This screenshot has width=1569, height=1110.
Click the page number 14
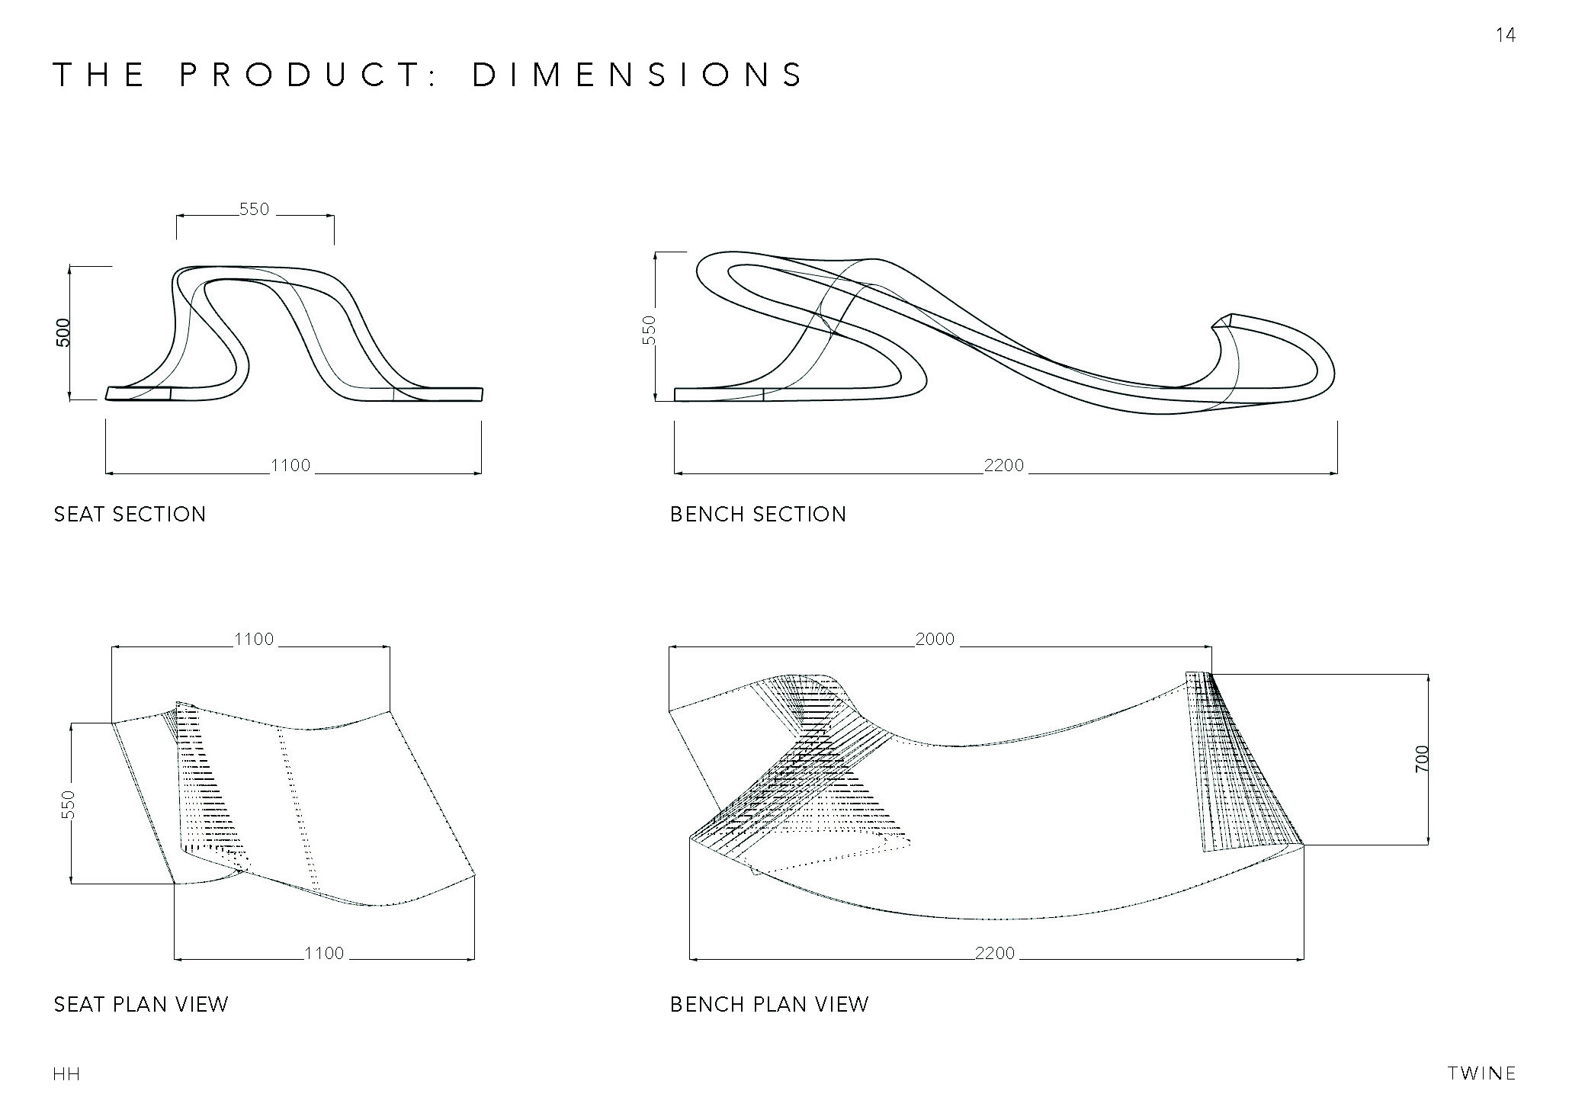click(1505, 35)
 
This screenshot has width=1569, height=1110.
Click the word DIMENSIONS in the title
click(638, 75)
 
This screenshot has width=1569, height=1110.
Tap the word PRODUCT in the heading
click(300, 75)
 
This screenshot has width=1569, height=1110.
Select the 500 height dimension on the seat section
click(64, 332)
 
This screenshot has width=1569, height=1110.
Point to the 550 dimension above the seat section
click(255, 210)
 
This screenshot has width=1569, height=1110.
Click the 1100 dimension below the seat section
click(291, 466)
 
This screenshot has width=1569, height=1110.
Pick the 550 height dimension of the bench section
click(650, 330)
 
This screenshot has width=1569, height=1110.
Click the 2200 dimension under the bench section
click(1004, 466)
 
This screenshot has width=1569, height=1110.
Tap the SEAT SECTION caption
click(130, 515)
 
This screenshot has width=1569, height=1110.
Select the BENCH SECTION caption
click(759, 515)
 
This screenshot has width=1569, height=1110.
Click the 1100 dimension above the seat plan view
click(254, 639)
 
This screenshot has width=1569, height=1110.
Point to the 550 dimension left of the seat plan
click(69, 804)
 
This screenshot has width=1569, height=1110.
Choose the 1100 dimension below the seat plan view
click(324, 953)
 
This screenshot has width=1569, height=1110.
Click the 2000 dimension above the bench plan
click(935, 639)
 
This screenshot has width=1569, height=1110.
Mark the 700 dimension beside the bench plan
click(1422, 759)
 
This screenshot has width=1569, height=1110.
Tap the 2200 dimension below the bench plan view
click(995, 953)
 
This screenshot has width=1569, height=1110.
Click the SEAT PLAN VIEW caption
click(141, 1005)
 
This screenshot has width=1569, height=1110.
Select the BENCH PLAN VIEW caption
click(769, 1005)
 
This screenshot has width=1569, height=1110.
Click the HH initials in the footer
click(67, 1075)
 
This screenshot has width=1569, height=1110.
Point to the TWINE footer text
click(1481, 1074)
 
